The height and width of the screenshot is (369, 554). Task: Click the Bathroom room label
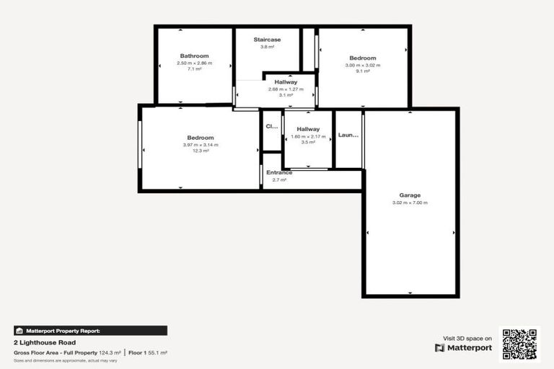click(194, 56)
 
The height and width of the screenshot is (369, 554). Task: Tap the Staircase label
click(267, 40)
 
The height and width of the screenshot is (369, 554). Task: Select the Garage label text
click(410, 195)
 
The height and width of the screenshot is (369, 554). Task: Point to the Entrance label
click(279, 173)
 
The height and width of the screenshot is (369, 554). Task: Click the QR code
click(520, 344)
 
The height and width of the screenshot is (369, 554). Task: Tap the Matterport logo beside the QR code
click(463, 347)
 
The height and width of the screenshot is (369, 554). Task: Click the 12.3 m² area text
click(201, 151)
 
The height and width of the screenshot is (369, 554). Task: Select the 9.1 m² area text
click(363, 71)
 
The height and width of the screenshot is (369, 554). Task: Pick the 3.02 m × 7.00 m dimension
click(410, 203)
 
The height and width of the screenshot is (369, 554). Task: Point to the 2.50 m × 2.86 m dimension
click(194, 63)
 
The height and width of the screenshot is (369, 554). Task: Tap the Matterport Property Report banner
click(91, 331)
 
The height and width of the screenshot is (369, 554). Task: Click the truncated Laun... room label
click(348, 135)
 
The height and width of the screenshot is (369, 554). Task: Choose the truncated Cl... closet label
click(272, 127)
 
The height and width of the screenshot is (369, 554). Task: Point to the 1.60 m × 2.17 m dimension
click(308, 136)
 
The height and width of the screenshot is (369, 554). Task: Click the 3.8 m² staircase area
click(267, 48)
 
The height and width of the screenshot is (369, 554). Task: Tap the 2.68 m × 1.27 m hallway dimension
click(286, 89)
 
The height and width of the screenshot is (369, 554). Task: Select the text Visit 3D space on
click(467, 338)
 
